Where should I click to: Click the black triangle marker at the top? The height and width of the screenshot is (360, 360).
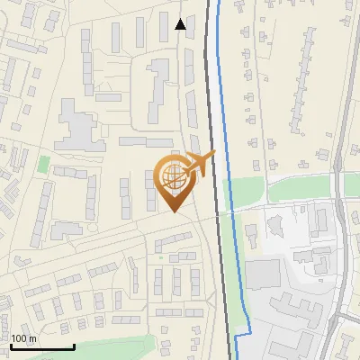click(181, 24)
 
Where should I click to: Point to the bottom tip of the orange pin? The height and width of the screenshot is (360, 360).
click(173, 212)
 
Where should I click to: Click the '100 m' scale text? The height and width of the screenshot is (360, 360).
click(23, 338)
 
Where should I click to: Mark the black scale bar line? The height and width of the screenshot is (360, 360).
click(41, 346)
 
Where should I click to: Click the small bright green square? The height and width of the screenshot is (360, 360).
click(43, 165)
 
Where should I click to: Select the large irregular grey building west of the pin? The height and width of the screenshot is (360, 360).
click(76, 126)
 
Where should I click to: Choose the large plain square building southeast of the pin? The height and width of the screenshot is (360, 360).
click(263, 276)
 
